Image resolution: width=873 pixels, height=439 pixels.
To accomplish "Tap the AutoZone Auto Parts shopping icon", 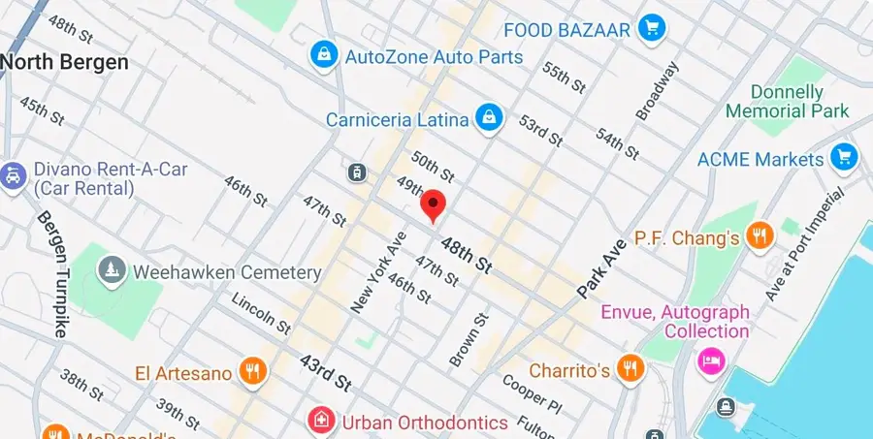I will pos(323,55).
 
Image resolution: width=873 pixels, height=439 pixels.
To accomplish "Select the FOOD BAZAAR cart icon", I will pos(650,28).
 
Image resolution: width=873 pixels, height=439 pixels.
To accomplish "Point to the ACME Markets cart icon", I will pos(844,156).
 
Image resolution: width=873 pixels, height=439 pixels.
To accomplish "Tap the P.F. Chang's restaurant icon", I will pos(760,235).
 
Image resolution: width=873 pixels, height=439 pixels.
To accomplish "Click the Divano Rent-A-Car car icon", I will pos(14,175).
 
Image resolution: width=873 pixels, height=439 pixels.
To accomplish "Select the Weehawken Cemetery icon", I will pos(113,271).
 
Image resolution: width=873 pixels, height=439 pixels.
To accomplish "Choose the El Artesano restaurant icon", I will pos(252,370).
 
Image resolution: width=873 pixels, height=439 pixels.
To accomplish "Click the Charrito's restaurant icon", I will pos(630,368).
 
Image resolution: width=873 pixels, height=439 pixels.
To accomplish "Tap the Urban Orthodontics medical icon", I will pos(318,422).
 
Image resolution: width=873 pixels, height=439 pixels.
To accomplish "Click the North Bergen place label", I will pos(64,63).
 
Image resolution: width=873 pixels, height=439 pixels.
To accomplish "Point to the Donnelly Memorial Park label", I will pos(787,102).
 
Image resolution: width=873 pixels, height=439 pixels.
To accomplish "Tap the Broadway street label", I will pos(659,91).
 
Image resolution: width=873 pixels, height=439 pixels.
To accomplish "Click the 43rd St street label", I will pos(324,373).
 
